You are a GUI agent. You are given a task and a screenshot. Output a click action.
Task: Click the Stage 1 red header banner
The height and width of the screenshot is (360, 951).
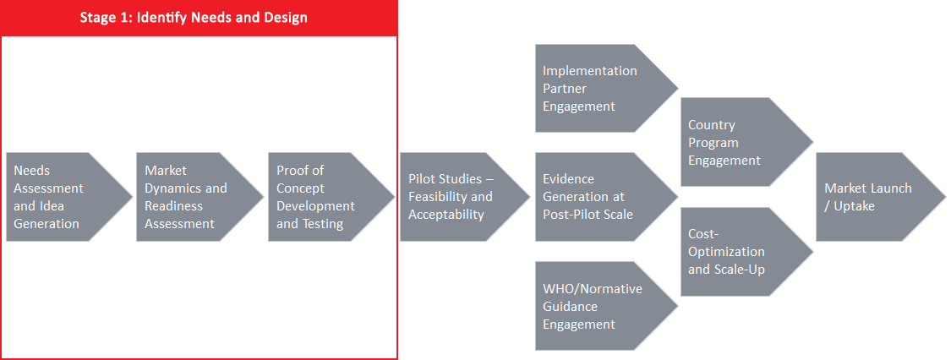click(199, 18)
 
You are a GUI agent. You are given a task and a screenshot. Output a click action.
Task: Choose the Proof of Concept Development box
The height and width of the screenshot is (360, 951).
click(331, 197)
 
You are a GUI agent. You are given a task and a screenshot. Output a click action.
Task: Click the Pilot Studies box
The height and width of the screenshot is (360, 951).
click(465, 197)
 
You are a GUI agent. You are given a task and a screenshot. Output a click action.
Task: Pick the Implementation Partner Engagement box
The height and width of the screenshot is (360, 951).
click(606, 88)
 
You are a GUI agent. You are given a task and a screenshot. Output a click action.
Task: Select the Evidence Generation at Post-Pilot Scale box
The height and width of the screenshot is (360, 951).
click(606, 197)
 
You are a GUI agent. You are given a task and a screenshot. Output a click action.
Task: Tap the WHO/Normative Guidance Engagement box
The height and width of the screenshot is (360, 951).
click(606, 306)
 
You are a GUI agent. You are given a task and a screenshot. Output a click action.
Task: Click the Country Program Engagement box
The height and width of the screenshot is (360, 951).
click(746, 142)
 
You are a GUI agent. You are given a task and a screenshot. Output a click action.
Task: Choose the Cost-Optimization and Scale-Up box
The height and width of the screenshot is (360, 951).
click(746, 252)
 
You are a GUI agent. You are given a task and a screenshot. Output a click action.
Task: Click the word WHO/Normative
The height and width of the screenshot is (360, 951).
click(592, 288)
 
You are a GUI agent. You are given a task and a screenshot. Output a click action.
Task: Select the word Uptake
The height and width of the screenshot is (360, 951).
click(854, 206)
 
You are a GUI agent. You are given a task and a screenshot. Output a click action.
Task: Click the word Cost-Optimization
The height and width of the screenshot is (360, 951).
click(726, 243)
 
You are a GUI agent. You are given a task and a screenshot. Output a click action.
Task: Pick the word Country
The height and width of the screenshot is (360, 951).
click(712, 125)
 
